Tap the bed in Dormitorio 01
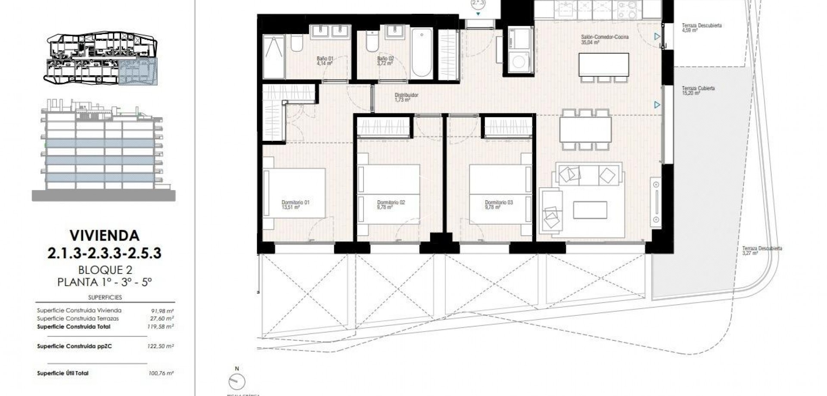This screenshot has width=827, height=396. (295, 193)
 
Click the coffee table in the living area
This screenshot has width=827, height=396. (590, 210)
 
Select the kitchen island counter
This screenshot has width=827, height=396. (603, 65)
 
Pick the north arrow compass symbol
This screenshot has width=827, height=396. (237, 381)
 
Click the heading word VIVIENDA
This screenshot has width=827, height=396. (105, 235)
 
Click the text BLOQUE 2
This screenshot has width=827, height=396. (105, 270)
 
